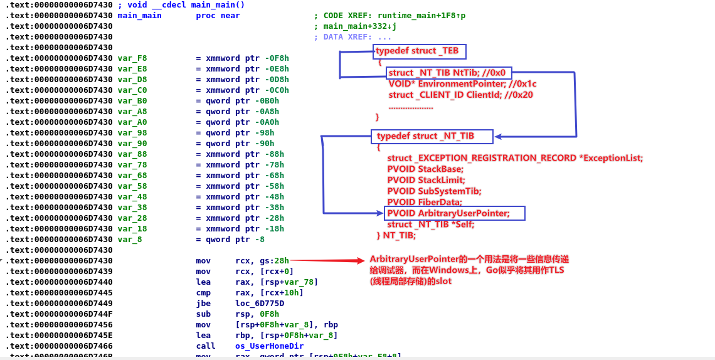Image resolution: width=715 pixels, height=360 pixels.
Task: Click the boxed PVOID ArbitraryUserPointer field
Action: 455,213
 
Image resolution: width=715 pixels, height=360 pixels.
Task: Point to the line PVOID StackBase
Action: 425,169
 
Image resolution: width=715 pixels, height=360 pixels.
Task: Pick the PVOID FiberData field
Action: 425,202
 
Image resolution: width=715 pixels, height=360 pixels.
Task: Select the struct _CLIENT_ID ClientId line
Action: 452,95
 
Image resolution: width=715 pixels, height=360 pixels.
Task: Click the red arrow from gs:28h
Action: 326,260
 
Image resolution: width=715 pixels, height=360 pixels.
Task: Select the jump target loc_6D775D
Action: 259,303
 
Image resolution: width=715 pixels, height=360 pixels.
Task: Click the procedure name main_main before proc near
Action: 139,16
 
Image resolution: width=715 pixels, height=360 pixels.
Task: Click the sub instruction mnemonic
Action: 203,314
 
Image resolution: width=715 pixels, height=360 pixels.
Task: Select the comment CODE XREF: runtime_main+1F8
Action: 394,16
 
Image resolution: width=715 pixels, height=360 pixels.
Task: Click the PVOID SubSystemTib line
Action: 434,191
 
